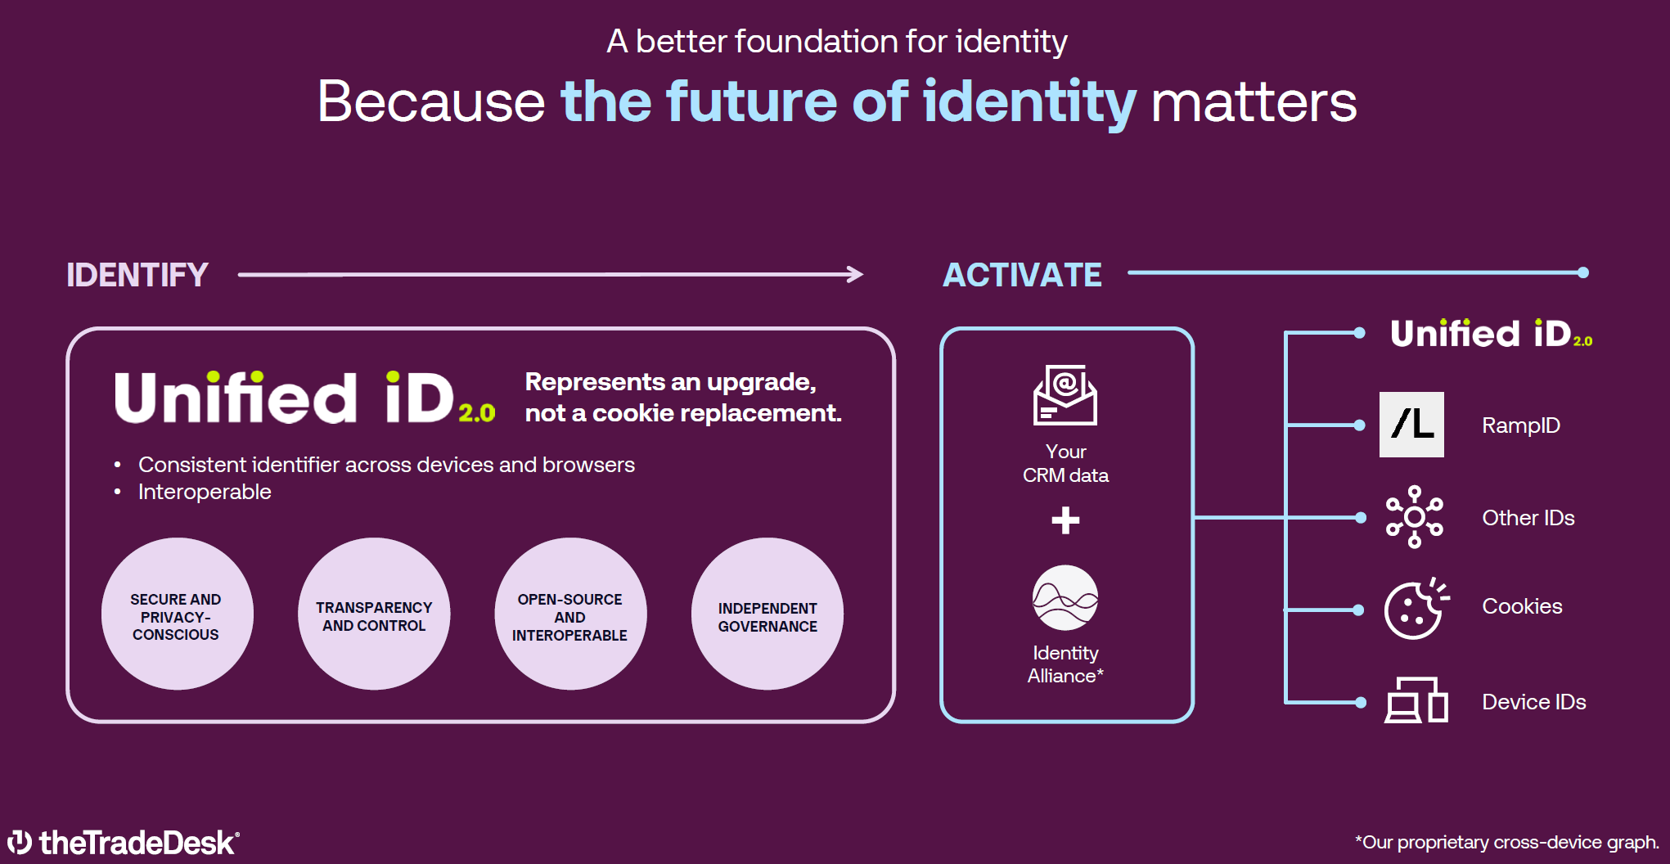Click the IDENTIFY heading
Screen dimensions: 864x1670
point(137,275)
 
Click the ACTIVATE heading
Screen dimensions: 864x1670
point(1022,275)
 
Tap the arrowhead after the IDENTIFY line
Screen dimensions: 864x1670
point(855,274)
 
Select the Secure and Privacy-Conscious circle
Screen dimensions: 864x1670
point(177,614)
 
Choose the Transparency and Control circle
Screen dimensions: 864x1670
point(374,614)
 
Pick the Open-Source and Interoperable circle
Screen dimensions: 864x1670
point(570,614)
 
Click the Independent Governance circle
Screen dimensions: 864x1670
point(767,614)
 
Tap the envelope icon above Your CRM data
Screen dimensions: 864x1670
point(1065,394)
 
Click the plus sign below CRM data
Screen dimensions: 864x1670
point(1065,520)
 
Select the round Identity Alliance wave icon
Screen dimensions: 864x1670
point(1065,598)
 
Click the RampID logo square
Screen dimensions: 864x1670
point(1411,425)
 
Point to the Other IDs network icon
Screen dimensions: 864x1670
point(1414,517)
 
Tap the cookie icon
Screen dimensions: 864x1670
point(1415,610)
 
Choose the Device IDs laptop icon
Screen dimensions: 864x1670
point(1416,700)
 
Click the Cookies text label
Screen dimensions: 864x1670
point(1522,606)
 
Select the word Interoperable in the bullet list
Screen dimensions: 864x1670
point(205,492)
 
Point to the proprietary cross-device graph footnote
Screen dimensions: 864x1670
point(1506,842)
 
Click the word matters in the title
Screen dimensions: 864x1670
point(1254,102)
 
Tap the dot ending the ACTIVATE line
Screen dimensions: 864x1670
point(1583,272)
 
